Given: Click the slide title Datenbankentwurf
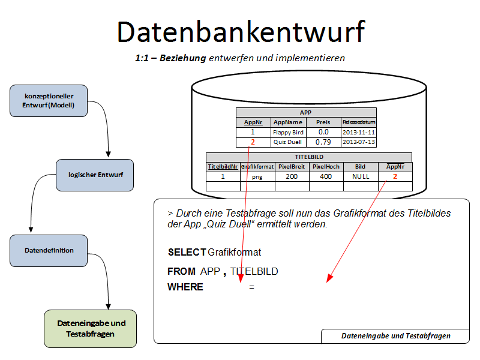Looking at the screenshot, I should pos(240,31).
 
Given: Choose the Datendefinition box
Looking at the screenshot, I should pos(49,251).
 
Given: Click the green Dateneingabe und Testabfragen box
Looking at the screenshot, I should pos(91,328).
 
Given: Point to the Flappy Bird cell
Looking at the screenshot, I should pos(289,132).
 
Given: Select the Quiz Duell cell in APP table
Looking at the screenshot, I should pos(289,142).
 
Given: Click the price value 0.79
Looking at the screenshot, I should pos(323,142).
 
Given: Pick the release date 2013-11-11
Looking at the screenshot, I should pos(359,132).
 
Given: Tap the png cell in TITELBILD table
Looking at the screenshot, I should pos(257,177).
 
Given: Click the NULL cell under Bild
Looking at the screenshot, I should pos(361,177).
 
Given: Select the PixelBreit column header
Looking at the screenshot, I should pos(292,167).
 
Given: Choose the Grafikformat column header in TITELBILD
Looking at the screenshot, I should pos(257,167).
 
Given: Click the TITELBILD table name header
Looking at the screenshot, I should pos(309,157).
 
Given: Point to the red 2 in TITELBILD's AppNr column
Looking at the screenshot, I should pos(395,177).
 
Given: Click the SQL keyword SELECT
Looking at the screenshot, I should pos(187,252).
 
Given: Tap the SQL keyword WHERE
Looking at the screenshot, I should pos(185,287).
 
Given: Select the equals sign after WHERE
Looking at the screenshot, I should pos(252,287).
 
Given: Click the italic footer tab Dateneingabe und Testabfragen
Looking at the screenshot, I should pos(395,336).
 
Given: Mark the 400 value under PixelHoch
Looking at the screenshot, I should pos(326,177).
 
